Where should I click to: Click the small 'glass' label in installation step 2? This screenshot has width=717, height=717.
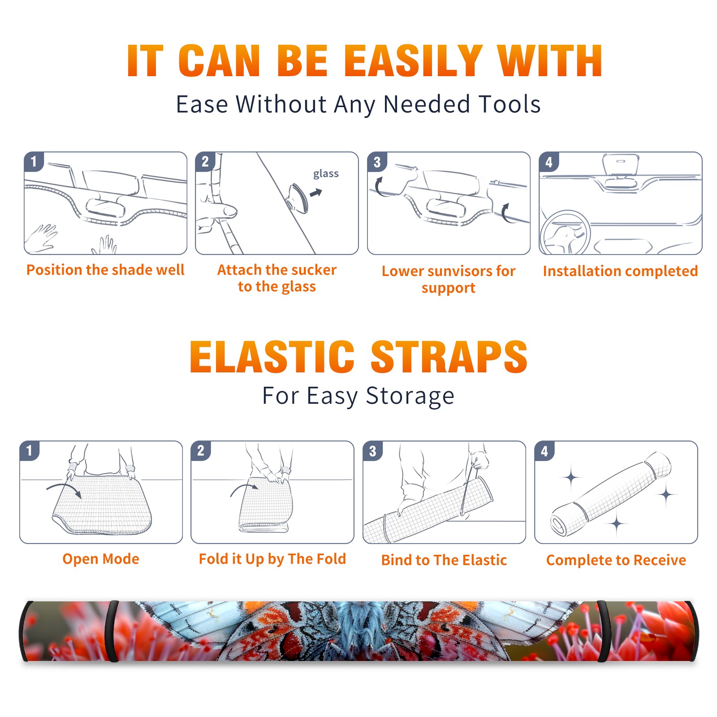[326, 174]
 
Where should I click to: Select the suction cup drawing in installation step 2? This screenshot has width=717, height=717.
[298, 197]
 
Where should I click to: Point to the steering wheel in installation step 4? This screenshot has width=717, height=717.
[565, 233]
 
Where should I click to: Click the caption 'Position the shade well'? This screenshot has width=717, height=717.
[105, 270]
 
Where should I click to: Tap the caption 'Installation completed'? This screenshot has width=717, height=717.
[620, 271]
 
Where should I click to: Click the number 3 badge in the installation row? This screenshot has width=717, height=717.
[377, 162]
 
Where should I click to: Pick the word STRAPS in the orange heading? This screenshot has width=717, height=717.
[449, 357]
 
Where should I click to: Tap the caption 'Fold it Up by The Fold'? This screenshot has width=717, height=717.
[272, 559]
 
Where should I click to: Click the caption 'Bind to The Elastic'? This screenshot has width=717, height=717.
[444, 560]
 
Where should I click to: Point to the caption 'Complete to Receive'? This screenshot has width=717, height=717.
[616, 560]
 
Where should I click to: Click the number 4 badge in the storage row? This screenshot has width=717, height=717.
[544, 451]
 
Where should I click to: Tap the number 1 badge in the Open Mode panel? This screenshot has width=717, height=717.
[30, 451]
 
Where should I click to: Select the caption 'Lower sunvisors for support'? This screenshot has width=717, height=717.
[449, 279]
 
